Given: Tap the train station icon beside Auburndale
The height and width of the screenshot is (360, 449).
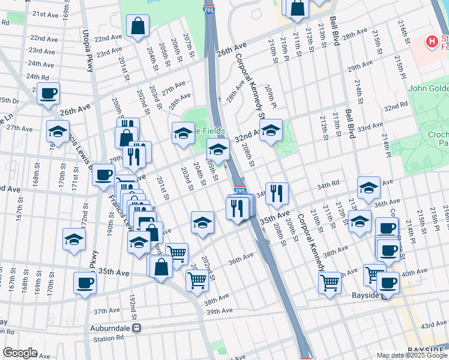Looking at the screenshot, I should pos(137,329).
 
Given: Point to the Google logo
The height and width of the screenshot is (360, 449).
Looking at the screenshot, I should pos(20,353).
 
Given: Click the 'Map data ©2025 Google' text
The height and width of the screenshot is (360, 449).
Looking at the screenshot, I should pos(411,355).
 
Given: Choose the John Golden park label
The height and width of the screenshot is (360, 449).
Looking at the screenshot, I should pos(428,89).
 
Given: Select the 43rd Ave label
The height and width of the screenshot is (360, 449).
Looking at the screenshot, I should pos(433,324).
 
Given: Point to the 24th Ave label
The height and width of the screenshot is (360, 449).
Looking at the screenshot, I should pos(41,64).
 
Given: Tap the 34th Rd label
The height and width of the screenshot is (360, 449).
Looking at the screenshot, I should pos(328,187).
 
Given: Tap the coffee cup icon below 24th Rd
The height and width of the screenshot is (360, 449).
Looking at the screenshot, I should pos(48,93).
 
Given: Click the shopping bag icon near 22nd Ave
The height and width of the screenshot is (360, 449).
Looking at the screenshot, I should pos(137,26).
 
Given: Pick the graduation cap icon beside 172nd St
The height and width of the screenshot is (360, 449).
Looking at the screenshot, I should pos(74,239).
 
